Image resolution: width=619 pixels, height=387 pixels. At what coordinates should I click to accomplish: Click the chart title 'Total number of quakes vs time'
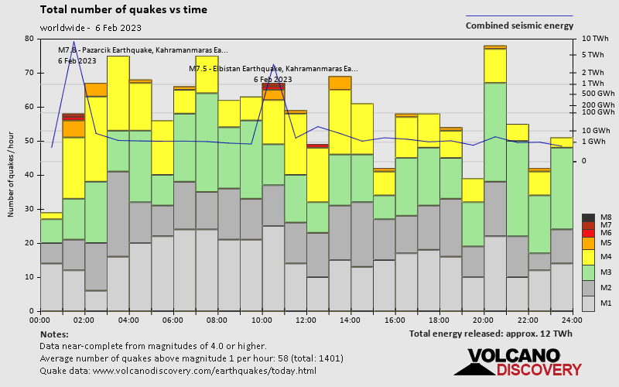122,10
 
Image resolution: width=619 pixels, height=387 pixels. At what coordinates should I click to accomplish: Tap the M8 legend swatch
588,217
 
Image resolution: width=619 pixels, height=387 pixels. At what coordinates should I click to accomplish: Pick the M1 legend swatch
588,303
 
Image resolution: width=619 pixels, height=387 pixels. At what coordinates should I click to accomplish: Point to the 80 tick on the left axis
29,39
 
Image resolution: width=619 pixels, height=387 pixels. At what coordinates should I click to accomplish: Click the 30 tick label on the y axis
29,209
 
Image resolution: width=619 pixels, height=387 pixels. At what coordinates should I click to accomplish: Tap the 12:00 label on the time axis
306,320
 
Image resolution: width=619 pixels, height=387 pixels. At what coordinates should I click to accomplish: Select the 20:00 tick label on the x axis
484,320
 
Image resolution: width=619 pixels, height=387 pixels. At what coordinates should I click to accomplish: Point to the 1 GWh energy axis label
593,142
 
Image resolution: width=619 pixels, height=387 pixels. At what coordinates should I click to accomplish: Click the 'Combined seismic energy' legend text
519,26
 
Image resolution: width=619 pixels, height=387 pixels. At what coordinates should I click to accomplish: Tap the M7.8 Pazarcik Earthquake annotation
143,50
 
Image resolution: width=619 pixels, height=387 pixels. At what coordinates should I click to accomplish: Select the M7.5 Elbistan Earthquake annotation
274,68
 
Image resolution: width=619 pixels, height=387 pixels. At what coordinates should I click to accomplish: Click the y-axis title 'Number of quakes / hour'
12,175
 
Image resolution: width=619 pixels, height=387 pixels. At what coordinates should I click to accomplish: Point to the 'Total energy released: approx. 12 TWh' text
491,334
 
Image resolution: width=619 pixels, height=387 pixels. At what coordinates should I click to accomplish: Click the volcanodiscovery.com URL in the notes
204,371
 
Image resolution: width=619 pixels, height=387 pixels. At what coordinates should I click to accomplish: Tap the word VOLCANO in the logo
511,356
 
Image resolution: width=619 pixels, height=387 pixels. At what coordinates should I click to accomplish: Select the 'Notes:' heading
53,334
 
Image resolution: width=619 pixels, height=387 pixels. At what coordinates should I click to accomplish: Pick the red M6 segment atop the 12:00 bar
317,145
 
